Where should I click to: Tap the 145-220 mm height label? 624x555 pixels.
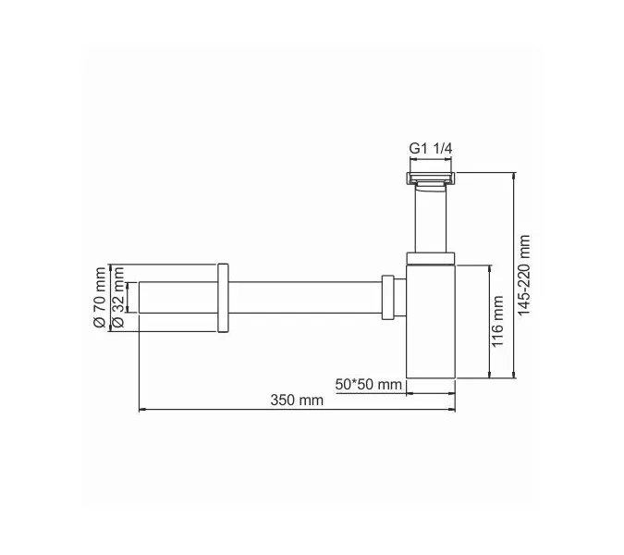click(x=524, y=275)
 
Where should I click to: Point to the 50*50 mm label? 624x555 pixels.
click(x=368, y=384)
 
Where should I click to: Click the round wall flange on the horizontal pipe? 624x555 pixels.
click(x=222, y=297)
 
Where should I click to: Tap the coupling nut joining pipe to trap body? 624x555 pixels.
click(x=393, y=297)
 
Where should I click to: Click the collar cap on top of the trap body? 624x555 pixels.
click(x=431, y=258)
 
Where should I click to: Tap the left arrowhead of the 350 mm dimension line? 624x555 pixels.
click(x=141, y=409)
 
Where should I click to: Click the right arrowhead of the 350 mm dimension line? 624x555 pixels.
click(x=453, y=409)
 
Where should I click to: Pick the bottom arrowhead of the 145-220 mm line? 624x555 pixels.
click(x=514, y=376)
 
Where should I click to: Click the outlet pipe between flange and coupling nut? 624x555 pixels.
click(x=305, y=297)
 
